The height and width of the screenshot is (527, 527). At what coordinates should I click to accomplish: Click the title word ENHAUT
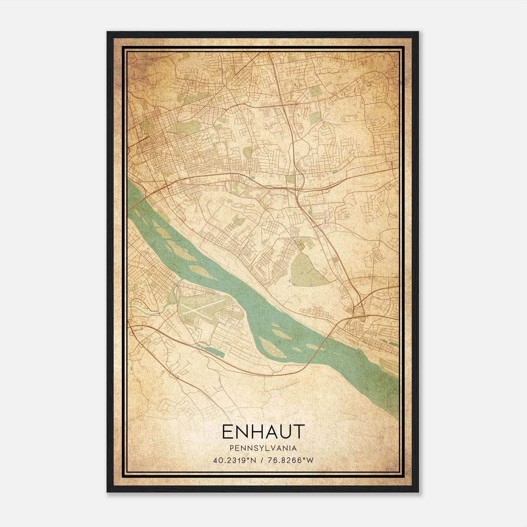[x=263, y=432]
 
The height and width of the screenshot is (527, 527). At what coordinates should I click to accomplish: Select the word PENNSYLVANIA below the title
[x=263, y=448]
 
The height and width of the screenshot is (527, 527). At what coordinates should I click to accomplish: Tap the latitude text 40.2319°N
[x=235, y=460]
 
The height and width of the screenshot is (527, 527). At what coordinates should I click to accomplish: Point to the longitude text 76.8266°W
[x=291, y=460]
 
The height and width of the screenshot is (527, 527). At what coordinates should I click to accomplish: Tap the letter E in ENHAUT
[x=227, y=432]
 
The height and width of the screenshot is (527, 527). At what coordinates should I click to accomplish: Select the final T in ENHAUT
[x=298, y=432]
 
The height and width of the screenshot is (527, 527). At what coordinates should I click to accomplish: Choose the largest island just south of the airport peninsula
[x=272, y=347]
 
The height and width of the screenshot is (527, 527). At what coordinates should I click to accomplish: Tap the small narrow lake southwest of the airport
[x=211, y=349]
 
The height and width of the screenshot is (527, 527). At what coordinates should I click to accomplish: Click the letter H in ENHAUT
[x=256, y=432]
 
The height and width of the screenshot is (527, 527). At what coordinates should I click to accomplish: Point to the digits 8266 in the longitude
[x=295, y=460]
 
